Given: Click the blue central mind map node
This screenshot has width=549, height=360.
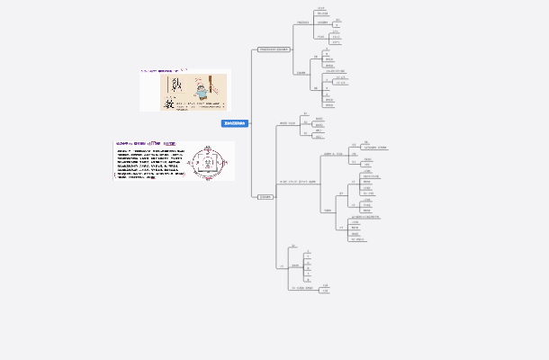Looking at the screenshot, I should pos(234,123).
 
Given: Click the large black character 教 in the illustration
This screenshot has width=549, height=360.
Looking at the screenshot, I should pos(169,104).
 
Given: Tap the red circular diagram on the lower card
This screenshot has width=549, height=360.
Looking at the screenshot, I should pos(208,163).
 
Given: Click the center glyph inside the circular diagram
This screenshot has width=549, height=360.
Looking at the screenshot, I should pos(208,163).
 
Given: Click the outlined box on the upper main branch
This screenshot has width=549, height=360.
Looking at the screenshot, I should pos(273,49).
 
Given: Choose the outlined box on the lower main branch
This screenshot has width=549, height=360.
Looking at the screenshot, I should pos(265,196).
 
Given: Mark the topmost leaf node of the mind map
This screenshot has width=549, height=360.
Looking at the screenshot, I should pos(321,8).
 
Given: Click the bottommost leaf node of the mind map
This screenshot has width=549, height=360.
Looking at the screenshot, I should pos(325,292).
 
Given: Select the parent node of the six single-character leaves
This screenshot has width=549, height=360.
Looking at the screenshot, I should pos(296,266).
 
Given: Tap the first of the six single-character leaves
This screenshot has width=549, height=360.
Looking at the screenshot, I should pos(308,251).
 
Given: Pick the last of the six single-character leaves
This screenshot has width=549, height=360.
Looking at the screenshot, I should pos(308,281).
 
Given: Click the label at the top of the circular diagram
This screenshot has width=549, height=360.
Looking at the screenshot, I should pos(208,147).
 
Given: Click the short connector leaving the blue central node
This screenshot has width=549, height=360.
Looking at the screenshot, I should pos(249,123).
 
